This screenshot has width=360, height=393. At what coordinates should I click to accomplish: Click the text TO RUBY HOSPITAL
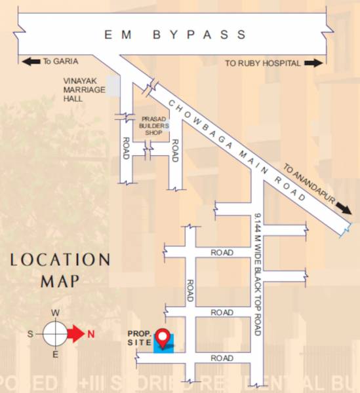(262, 64)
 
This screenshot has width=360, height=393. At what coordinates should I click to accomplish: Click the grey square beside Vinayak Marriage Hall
(113, 86)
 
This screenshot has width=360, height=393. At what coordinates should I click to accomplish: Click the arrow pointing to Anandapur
(342, 209)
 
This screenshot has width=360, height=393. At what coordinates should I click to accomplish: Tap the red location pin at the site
(164, 339)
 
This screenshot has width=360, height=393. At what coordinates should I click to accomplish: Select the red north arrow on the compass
(75, 334)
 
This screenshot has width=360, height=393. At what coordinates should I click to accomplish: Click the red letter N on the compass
(91, 334)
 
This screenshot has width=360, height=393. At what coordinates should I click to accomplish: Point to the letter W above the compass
(56, 312)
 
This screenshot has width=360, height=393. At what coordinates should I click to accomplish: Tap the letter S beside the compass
(30, 334)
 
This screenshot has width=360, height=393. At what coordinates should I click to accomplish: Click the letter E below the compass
(56, 355)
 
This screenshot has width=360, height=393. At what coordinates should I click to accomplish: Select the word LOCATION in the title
(60, 260)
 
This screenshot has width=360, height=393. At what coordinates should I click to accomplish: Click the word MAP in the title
(60, 282)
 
